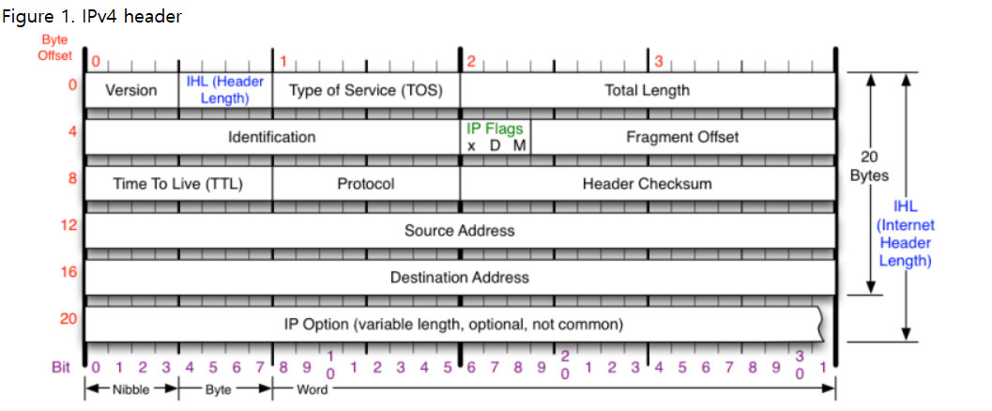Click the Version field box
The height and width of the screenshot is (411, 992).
(131, 90)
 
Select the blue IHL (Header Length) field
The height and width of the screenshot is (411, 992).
(225, 90)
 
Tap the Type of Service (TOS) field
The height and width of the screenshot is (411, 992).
(366, 90)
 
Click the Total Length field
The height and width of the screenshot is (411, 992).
(648, 90)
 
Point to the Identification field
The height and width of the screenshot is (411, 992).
(273, 137)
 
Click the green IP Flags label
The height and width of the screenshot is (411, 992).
(496, 129)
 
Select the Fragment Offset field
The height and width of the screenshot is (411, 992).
(683, 137)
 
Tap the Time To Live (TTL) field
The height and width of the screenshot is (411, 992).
(178, 184)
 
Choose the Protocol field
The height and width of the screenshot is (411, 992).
(366, 184)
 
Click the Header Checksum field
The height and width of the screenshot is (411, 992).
(648, 184)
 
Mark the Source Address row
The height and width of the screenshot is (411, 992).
(460, 231)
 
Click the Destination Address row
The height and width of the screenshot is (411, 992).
(460, 278)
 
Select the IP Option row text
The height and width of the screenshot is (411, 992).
(453, 325)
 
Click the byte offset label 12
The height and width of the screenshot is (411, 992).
(69, 225)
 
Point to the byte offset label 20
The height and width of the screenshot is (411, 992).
(69, 319)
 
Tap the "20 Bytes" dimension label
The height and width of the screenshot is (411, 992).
(869, 167)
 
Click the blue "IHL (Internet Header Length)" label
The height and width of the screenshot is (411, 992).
(906, 234)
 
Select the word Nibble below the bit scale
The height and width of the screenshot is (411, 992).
(131, 390)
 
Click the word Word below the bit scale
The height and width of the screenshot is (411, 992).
(313, 390)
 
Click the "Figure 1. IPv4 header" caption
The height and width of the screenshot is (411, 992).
(92, 17)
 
